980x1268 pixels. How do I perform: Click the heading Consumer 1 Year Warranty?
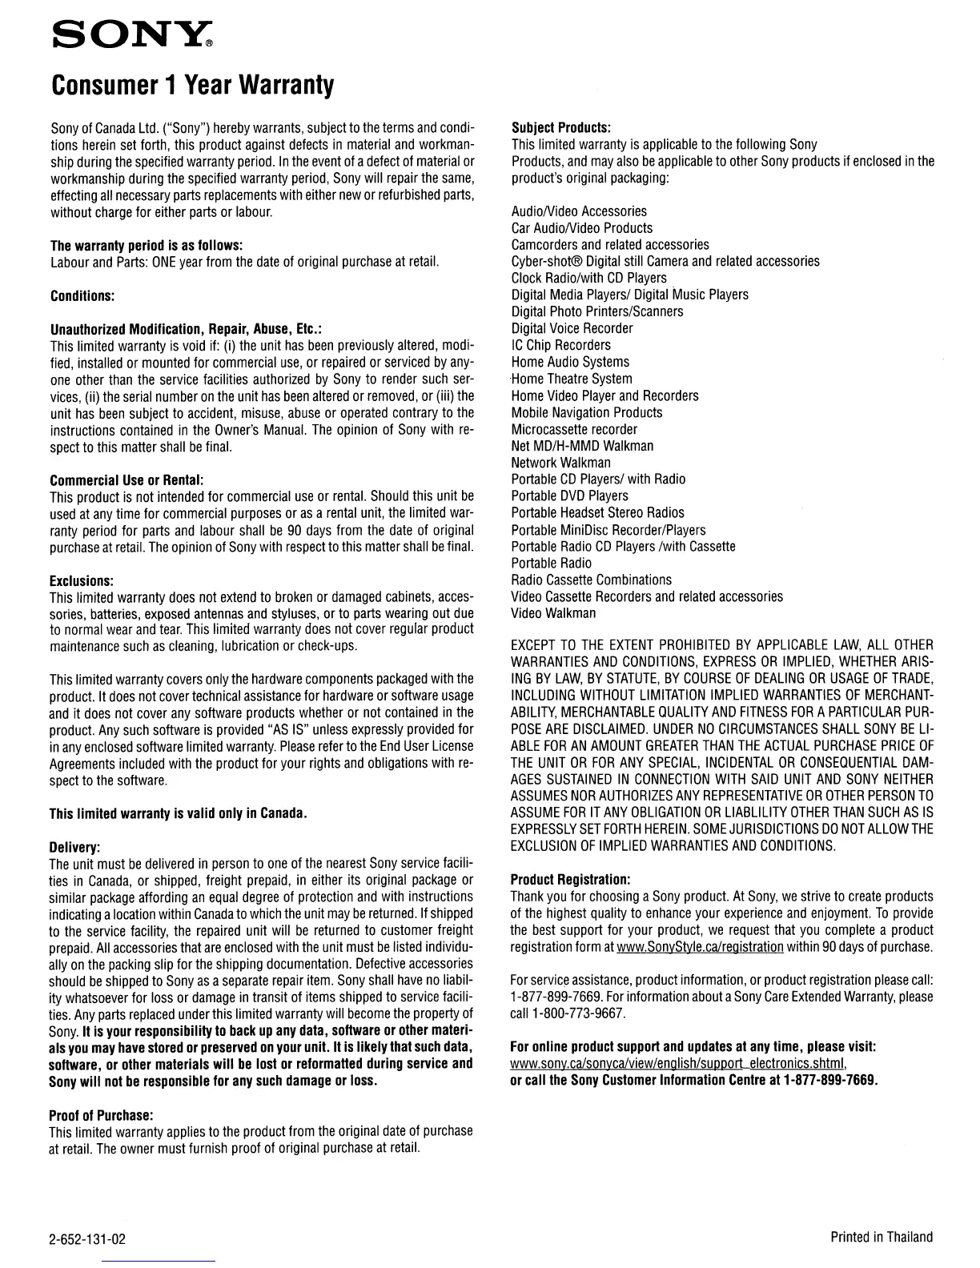(191, 84)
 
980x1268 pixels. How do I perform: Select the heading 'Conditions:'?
(82, 295)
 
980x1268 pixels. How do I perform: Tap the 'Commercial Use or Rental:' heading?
(127, 480)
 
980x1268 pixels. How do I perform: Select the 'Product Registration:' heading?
(570, 879)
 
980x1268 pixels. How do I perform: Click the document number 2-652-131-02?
(88, 1240)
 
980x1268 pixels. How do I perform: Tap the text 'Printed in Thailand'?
(882, 1237)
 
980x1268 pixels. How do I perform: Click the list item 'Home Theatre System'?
(572, 379)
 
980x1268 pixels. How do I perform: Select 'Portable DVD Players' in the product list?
(569, 496)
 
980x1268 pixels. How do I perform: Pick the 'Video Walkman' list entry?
(553, 613)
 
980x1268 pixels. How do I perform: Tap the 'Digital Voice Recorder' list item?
(572, 328)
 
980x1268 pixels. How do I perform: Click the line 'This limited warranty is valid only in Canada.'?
(179, 814)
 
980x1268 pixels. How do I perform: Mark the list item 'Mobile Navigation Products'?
(587, 412)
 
